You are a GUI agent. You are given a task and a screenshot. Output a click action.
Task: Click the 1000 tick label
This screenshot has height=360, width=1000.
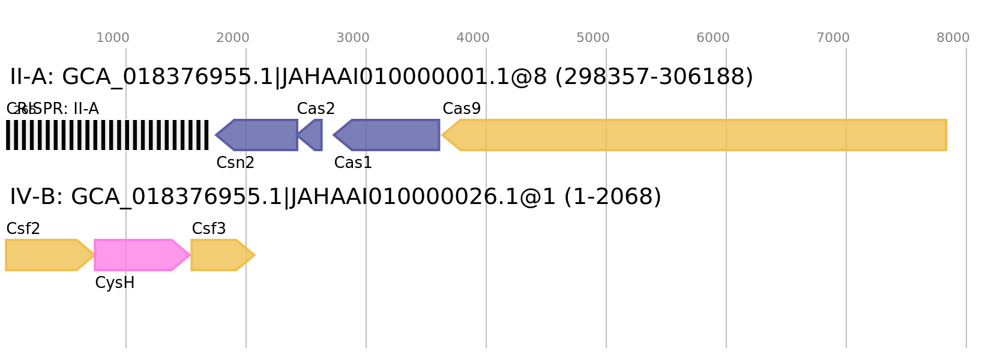point(113,38)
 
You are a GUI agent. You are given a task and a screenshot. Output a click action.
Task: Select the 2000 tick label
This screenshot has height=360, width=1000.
point(233,38)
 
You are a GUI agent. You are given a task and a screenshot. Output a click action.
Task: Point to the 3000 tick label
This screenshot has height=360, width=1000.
point(353,38)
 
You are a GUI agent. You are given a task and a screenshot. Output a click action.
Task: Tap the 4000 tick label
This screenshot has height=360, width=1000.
point(473,38)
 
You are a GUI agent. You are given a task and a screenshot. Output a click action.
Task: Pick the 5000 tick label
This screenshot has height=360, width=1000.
point(593,38)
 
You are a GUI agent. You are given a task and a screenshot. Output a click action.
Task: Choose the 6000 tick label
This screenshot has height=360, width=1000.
point(713,38)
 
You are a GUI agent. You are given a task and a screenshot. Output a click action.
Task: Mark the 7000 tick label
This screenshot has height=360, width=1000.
point(833,38)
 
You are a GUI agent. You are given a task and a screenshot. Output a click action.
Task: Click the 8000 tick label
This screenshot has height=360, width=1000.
point(953,38)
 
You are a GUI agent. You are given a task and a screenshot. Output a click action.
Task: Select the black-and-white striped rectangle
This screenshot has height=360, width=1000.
point(107,135)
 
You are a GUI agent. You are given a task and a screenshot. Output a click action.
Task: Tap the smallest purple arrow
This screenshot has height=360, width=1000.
point(312,135)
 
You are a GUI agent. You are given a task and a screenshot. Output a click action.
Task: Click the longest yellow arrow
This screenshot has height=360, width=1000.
point(696,135)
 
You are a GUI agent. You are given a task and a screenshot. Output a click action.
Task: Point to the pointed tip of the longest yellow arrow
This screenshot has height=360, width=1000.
point(443,135)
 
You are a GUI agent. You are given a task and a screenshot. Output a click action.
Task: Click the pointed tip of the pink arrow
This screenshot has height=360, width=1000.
point(189,255)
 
